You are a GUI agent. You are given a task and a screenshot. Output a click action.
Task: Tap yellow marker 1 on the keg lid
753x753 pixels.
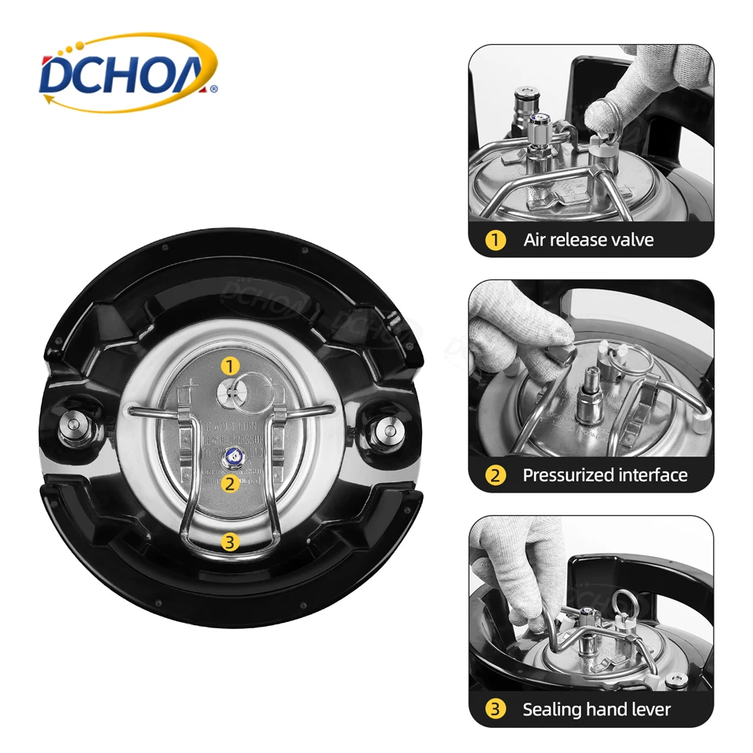(x=229, y=366)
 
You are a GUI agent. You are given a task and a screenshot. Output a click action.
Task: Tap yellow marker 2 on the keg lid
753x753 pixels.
(x=229, y=483)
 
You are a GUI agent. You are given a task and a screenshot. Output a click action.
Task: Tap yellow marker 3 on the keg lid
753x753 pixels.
(x=229, y=540)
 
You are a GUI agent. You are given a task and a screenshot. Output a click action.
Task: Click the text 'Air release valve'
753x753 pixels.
(x=588, y=240)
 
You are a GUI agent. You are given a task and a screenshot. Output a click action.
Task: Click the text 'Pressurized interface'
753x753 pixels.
(x=605, y=475)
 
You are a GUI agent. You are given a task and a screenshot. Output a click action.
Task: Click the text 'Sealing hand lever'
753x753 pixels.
(x=596, y=710)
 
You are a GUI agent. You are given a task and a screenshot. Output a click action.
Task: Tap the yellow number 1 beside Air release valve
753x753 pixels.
(x=494, y=240)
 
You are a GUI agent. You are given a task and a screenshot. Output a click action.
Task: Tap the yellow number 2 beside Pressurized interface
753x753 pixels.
(x=494, y=475)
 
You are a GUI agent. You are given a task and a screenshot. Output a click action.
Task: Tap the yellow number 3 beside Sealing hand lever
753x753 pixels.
(x=494, y=710)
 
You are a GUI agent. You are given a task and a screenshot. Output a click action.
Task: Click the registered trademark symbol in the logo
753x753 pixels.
(x=213, y=89)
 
